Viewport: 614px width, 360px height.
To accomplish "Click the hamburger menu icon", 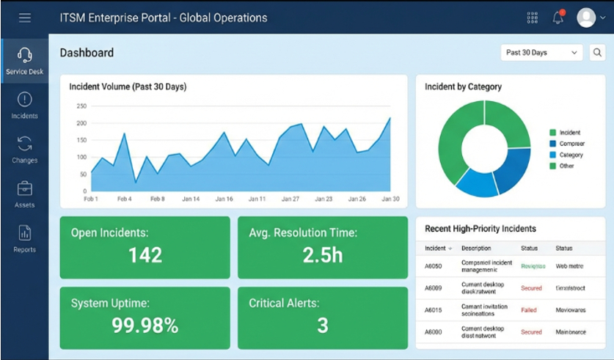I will pyautogui.click(x=25, y=18).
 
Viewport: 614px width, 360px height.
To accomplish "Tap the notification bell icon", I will pyautogui.click(x=558, y=18).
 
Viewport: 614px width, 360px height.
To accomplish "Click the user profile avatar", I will pyautogui.click(x=586, y=18).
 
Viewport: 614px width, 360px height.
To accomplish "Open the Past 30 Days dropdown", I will pyautogui.click(x=542, y=53).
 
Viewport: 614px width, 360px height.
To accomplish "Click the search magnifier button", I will pyautogui.click(x=598, y=53).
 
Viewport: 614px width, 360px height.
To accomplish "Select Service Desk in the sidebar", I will pyautogui.click(x=24, y=61).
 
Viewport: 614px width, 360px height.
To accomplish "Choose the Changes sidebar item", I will pyautogui.click(x=24, y=150).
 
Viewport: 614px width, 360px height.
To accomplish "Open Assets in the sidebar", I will pyautogui.click(x=24, y=194).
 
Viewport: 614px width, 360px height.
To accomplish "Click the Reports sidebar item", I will pyautogui.click(x=24, y=239).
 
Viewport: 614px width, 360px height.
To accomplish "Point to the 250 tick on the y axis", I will pyautogui.click(x=81, y=106).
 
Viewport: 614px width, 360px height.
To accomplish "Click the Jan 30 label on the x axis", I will pyautogui.click(x=390, y=199).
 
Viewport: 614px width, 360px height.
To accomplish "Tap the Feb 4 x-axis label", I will pyautogui.click(x=124, y=199).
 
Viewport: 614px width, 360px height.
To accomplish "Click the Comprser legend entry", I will pyautogui.click(x=571, y=144).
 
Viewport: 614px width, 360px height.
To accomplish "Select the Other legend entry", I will pyautogui.click(x=566, y=166).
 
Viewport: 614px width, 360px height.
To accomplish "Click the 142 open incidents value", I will pyautogui.click(x=145, y=255).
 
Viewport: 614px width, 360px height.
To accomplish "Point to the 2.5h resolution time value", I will pyautogui.click(x=323, y=255).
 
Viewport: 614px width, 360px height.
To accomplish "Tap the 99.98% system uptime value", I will pyautogui.click(x=145, y=326).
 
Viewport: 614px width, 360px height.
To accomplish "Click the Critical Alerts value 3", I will pyautogui.click(x=323, y=326).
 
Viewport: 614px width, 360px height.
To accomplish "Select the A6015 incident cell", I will pyautogui.click(x=434, y=309).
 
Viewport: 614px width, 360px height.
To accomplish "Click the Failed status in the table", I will pyautogui.click(x=529, y=309).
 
